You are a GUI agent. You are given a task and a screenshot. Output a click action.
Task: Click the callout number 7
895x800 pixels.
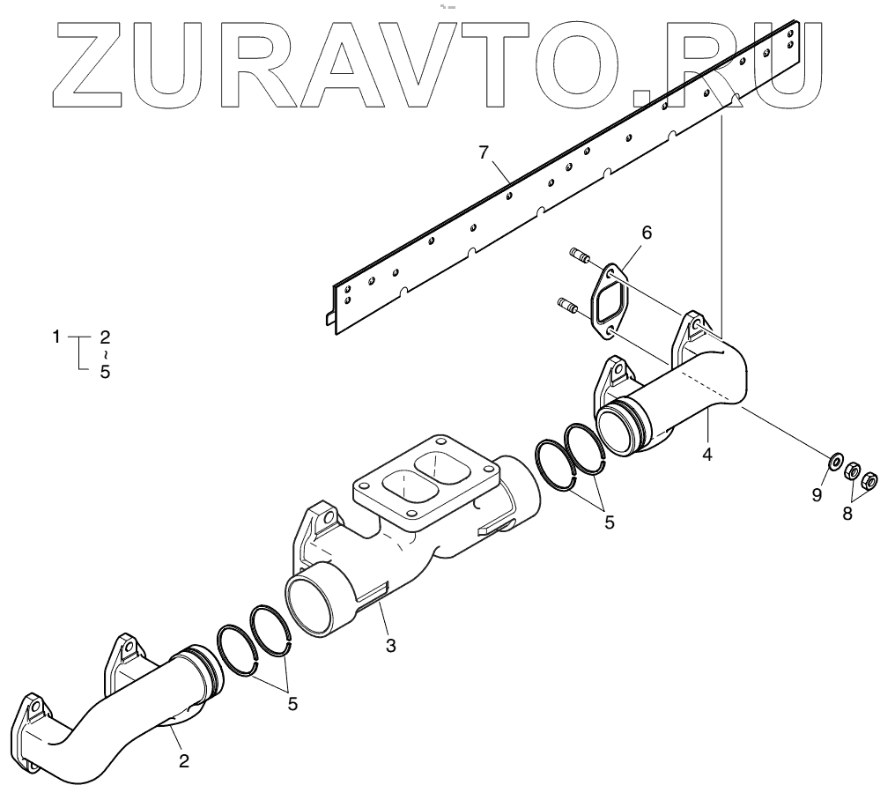coord(483,152)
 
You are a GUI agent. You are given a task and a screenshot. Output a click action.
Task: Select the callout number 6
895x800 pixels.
coord(647,233)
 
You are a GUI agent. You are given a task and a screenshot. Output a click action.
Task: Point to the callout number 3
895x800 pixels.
coord(390,645)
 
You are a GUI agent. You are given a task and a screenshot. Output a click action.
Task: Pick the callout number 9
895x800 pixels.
coord(817,495)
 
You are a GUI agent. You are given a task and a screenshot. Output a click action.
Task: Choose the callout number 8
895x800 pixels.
coord(847,513)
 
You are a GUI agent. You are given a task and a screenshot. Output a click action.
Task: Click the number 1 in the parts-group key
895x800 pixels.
coord(55,337)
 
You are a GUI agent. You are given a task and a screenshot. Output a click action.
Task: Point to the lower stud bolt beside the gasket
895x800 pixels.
coord(568,306)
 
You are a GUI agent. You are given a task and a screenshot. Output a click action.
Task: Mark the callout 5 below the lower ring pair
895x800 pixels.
coord(292,704)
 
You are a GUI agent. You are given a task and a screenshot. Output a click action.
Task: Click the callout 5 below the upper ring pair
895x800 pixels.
coord(610,521)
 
